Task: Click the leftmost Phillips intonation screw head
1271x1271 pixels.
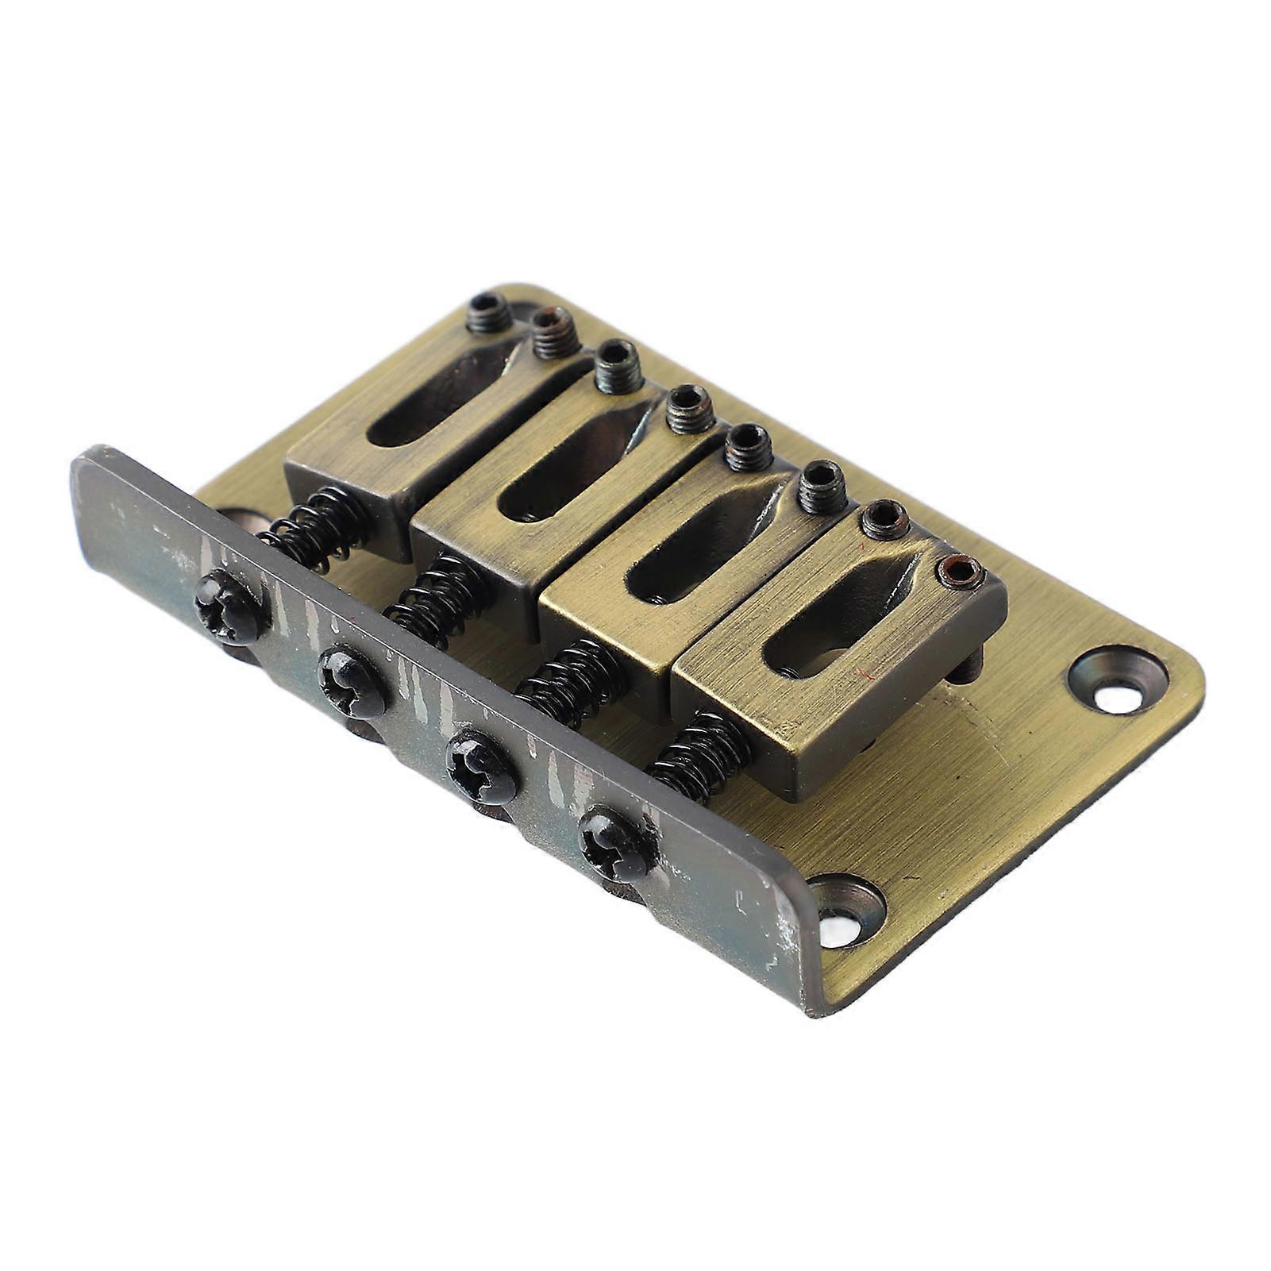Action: click(228, 608)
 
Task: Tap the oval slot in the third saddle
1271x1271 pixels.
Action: click(699, 548)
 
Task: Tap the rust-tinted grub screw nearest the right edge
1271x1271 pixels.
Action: click(960, 569)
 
